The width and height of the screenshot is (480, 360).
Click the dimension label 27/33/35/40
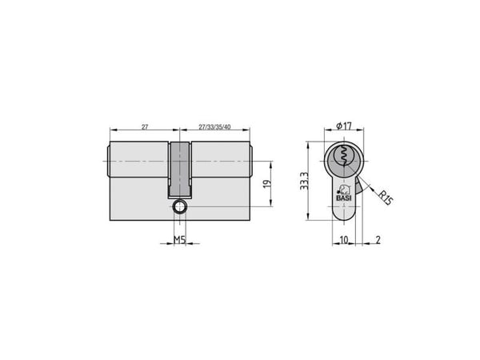pyautogui.click(x=214, y=126)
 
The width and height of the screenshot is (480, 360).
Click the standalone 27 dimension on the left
pyautogui.click(x=145, y=126)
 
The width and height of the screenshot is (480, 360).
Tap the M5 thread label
pyautogui.click(x=180, y=240)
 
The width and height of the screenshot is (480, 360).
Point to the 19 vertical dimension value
pyautogui.click(x=267, y=184)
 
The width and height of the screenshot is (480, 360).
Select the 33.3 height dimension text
pyautogui.click(x=304, y=181)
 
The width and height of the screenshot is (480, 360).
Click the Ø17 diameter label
pyautogui.click(x=344, y=126)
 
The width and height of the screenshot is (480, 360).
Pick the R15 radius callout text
pyautogui.click(x=385, y=198)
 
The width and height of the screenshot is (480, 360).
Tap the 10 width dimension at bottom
pyautogui.click(x=344, y=240)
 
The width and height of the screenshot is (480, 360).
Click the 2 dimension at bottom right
pyautogui.click(x=378, y=240)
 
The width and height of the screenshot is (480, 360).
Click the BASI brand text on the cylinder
pyautogui.click(x=344, y=198)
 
